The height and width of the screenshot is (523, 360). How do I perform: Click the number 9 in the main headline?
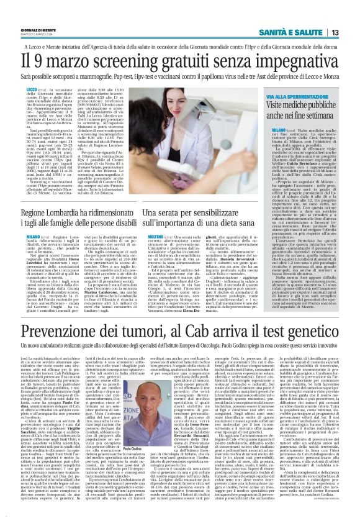pyautogui.click(x=37, y=63)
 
